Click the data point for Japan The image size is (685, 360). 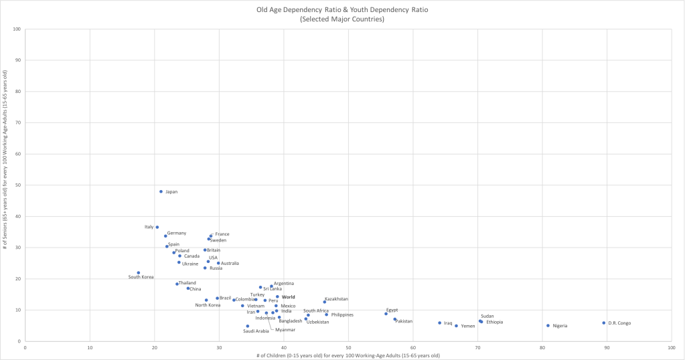(x=161, y=191)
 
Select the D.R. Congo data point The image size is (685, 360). (x=603, y=323)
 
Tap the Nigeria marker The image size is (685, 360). (x=548, y=326)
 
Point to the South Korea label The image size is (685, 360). (x=141, y=277)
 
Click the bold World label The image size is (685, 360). (x=288, y=297)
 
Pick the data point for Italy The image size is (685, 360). (x=157, y=227)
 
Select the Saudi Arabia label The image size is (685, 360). (x=256, y=331)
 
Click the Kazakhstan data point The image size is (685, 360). (x=325, y=302)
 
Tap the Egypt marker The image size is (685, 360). (x=386, y=314)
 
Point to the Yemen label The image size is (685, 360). (x=468, y=327)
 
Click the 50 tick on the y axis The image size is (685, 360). (x=17, y=185)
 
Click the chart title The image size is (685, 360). (x=342, y=11)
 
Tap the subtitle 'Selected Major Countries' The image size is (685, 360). (x=342, y=19)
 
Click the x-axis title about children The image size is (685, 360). (x=348, y=355)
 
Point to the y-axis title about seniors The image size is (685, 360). (x=5, y=185)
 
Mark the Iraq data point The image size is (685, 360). (x=440, y=323)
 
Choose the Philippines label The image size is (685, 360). (x=342, y=315)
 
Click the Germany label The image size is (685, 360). (x=177, y=233)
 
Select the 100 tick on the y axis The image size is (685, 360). (x=16, y=29)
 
